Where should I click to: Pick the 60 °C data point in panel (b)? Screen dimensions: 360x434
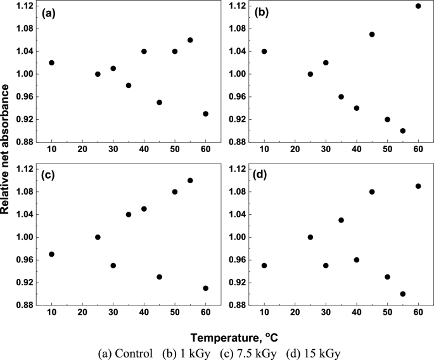[418, 6]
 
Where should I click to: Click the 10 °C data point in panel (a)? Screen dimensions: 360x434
[51, 63]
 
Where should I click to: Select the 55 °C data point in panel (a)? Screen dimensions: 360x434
[190, 40]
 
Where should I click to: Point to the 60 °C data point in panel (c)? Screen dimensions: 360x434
[205, 288]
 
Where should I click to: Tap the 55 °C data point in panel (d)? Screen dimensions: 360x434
[402, 294]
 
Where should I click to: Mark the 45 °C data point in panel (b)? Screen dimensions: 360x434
[372, 34]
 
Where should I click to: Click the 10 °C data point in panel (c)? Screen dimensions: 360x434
[51, 254]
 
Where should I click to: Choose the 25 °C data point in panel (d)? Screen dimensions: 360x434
[310, 237]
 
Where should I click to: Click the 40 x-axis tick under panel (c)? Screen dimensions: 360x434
[144, 314]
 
